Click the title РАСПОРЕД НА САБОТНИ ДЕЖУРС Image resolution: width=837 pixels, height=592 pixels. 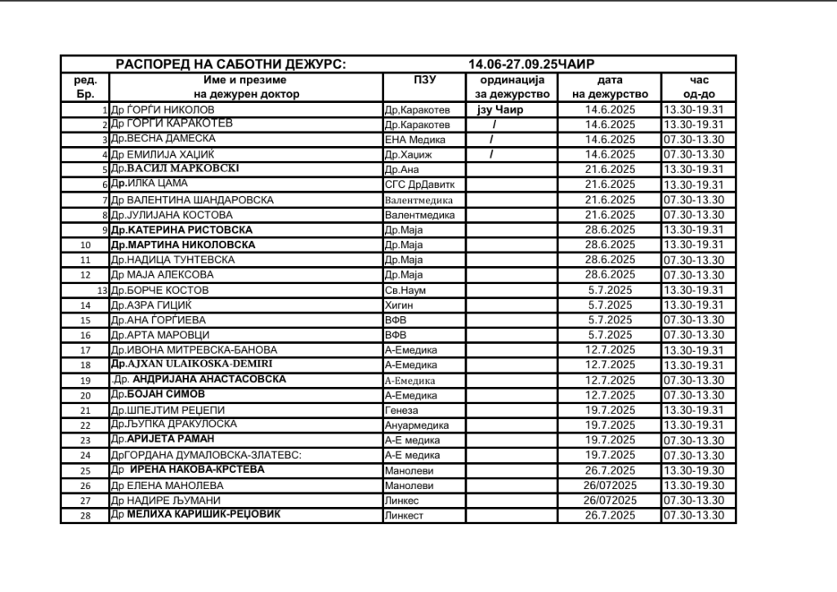click(x=230, y=64)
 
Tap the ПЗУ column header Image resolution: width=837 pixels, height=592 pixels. click(x=425, y=80)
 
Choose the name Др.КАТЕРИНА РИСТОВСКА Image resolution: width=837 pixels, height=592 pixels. click(x=181, y=229)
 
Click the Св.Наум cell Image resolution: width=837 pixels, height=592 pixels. click(x=405, y=290)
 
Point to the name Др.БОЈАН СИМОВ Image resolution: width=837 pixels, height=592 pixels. click(x=158, y=394)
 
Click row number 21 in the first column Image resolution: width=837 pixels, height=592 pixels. click(x=85, y=410)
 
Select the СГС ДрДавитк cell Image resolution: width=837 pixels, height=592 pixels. click(x=417, y=185)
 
